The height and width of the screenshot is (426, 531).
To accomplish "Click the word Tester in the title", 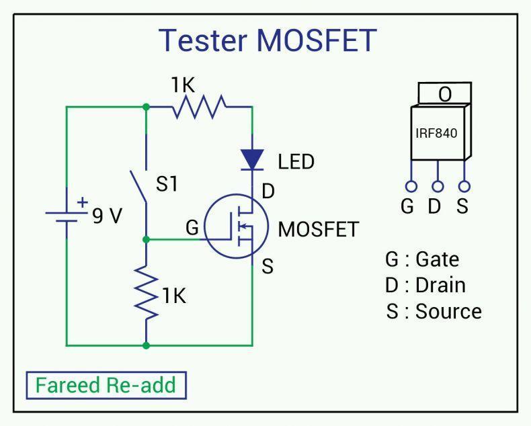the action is pos(203,40).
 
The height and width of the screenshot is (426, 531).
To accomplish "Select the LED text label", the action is pos(296,161).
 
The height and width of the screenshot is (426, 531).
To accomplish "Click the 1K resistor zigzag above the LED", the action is pos(199,107).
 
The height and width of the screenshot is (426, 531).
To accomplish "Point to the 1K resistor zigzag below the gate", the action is pos(147,292).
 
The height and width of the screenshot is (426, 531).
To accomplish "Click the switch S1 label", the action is pos(167,184).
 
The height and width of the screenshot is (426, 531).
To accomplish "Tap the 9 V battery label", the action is pos(107,216).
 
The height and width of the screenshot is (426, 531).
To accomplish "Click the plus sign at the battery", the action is pos(82,202).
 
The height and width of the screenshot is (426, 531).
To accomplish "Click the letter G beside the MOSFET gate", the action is pos(192,227).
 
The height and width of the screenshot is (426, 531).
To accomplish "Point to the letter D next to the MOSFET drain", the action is pos(268,191).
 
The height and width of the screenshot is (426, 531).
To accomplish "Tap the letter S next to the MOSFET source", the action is pos(268,266).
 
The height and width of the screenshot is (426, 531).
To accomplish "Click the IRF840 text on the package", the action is pos(436,133).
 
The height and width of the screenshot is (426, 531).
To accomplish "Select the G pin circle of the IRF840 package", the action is pos(411,186).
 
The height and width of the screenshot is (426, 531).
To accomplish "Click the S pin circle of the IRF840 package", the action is pos(464,186).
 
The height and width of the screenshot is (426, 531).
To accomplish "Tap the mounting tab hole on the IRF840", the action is pos(445,94).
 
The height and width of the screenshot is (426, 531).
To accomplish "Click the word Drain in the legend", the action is pos(440,285).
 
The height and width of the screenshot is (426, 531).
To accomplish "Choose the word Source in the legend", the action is pos(448,311).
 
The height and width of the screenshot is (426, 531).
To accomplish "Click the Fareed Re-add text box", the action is pos(106,386).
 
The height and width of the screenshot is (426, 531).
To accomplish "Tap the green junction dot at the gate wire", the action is pos(147,240).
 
